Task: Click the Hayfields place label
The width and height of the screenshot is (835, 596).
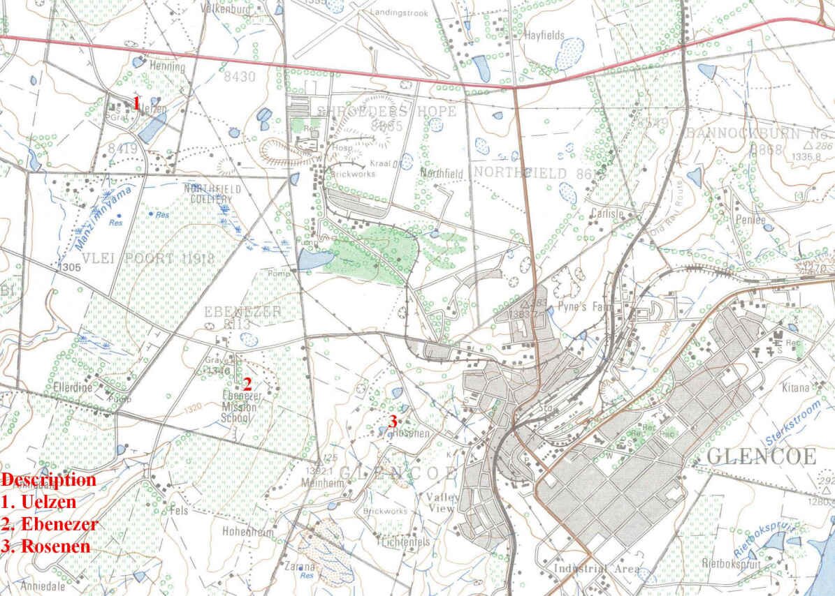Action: [x=544, y=36]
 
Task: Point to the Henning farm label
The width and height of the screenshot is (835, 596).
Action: [x=168, y=68]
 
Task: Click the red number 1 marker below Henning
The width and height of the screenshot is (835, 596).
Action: [x=137, y=103]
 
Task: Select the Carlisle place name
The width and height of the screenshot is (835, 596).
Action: [x=607, y=214]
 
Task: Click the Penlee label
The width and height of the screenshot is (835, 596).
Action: [x=751, y=220]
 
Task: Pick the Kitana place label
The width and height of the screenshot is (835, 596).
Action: [x=796, y=387]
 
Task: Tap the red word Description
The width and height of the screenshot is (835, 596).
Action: [x=49, y=480]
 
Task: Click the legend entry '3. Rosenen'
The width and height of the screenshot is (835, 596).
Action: [x=45, y=546]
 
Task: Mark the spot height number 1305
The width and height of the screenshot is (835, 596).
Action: [x=68, y=266]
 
